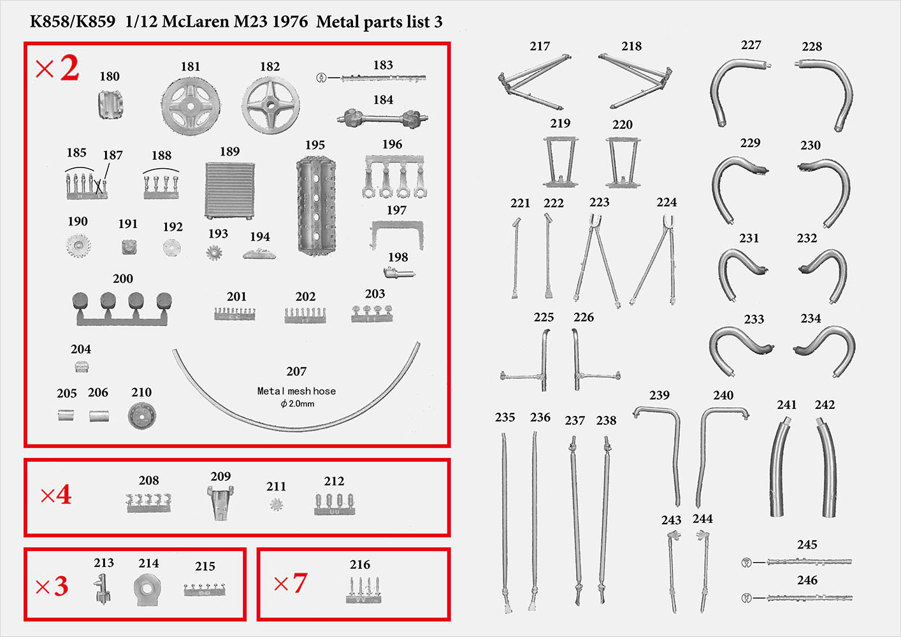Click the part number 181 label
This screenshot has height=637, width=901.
coord(191,66)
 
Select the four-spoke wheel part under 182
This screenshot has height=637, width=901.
coord(271,105)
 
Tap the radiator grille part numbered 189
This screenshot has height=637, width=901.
coord(229,190)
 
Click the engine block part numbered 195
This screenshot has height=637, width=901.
coord(316,205)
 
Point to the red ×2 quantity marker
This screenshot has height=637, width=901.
coord(57,68)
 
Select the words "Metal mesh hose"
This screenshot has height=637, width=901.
coord(296,391)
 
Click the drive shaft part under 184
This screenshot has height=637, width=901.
coord(382,118)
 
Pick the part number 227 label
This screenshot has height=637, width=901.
coord(751,45)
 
